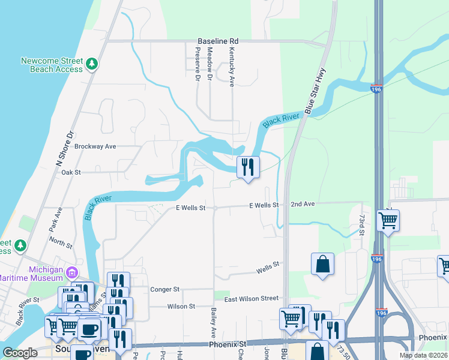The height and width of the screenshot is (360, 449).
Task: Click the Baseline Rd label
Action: (218, 41)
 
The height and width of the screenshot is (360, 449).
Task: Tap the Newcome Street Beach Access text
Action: (52, 65)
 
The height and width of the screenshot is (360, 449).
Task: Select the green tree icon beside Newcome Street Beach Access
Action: (91, 63)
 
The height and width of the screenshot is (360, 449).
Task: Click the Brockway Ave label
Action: (95, 146)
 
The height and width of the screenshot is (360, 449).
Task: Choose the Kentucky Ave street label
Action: (231, 67)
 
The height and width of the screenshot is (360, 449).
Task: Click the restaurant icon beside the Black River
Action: (248, 167)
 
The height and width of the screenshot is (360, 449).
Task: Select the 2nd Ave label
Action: (303, 205)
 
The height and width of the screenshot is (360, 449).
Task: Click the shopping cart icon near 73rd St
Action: (388, 221)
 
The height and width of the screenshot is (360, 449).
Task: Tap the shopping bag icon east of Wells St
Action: (322, 264)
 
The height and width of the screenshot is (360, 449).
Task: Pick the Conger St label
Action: (165, 289)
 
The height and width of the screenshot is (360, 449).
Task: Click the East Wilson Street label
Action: (251, 299)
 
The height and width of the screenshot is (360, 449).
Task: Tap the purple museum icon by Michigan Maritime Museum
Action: (71, 272)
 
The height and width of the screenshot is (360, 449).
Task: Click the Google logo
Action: (20, 353)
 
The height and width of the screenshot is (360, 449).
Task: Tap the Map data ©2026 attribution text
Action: (423, 355)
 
